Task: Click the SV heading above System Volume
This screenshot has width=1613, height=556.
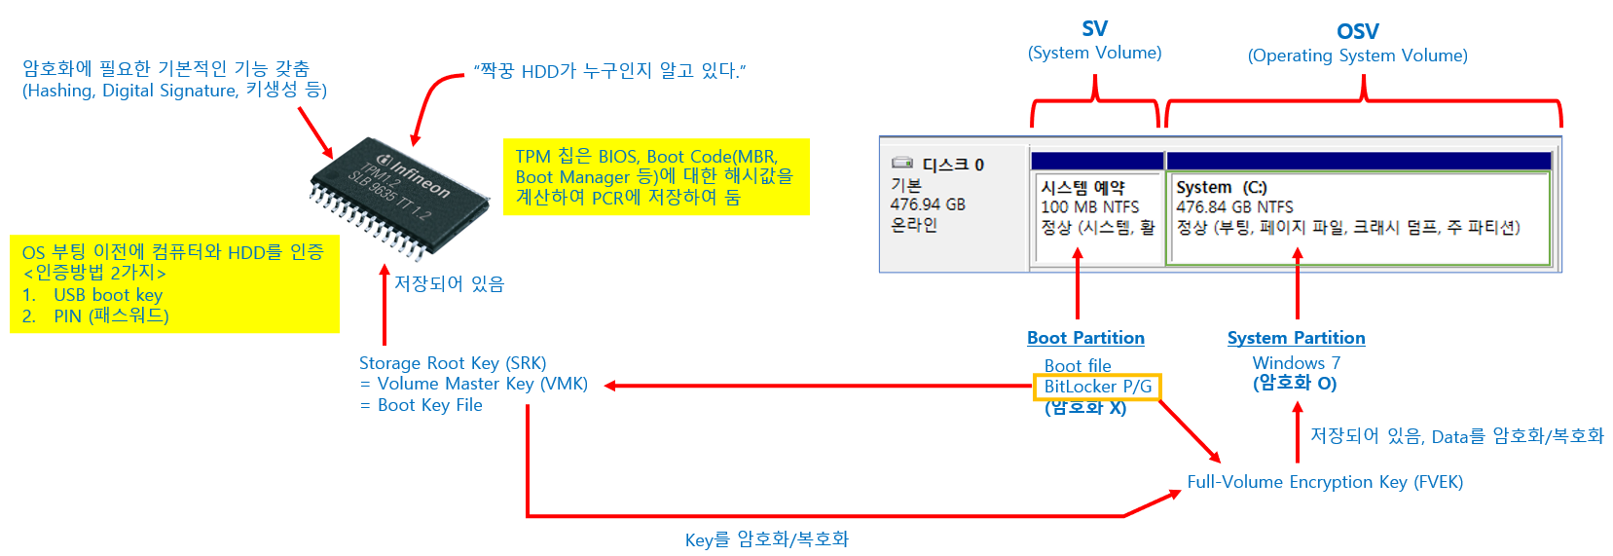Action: [1094, 29]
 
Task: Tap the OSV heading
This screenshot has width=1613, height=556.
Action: [1357, 32]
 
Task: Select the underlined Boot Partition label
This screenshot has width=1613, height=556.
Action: [1085, 338]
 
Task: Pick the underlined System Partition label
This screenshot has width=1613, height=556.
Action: [1296, 338]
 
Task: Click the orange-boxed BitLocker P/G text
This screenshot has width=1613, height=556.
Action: [1097, 387]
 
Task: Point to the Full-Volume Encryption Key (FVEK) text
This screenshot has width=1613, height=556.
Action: [1324, 482]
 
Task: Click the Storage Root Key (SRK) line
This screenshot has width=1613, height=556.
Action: [453, 363]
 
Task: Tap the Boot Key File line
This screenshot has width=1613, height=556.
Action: [429, 405]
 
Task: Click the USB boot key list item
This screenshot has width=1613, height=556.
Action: [107, 295]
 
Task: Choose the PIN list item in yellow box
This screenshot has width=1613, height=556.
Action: [111, 316]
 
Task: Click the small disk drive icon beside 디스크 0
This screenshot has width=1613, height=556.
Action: [902, 164]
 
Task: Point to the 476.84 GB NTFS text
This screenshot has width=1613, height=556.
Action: [1234, 207]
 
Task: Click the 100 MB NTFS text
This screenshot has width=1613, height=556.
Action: [1089, 207]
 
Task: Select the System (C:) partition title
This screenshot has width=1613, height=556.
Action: [1221, 187]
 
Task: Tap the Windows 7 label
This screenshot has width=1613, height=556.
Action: [1296, 363]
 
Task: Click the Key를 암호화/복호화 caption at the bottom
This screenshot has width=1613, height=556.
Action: [766, 539]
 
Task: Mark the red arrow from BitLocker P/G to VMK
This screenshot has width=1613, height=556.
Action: [818, 386]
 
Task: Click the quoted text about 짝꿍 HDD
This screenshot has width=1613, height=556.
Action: [609, 71]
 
